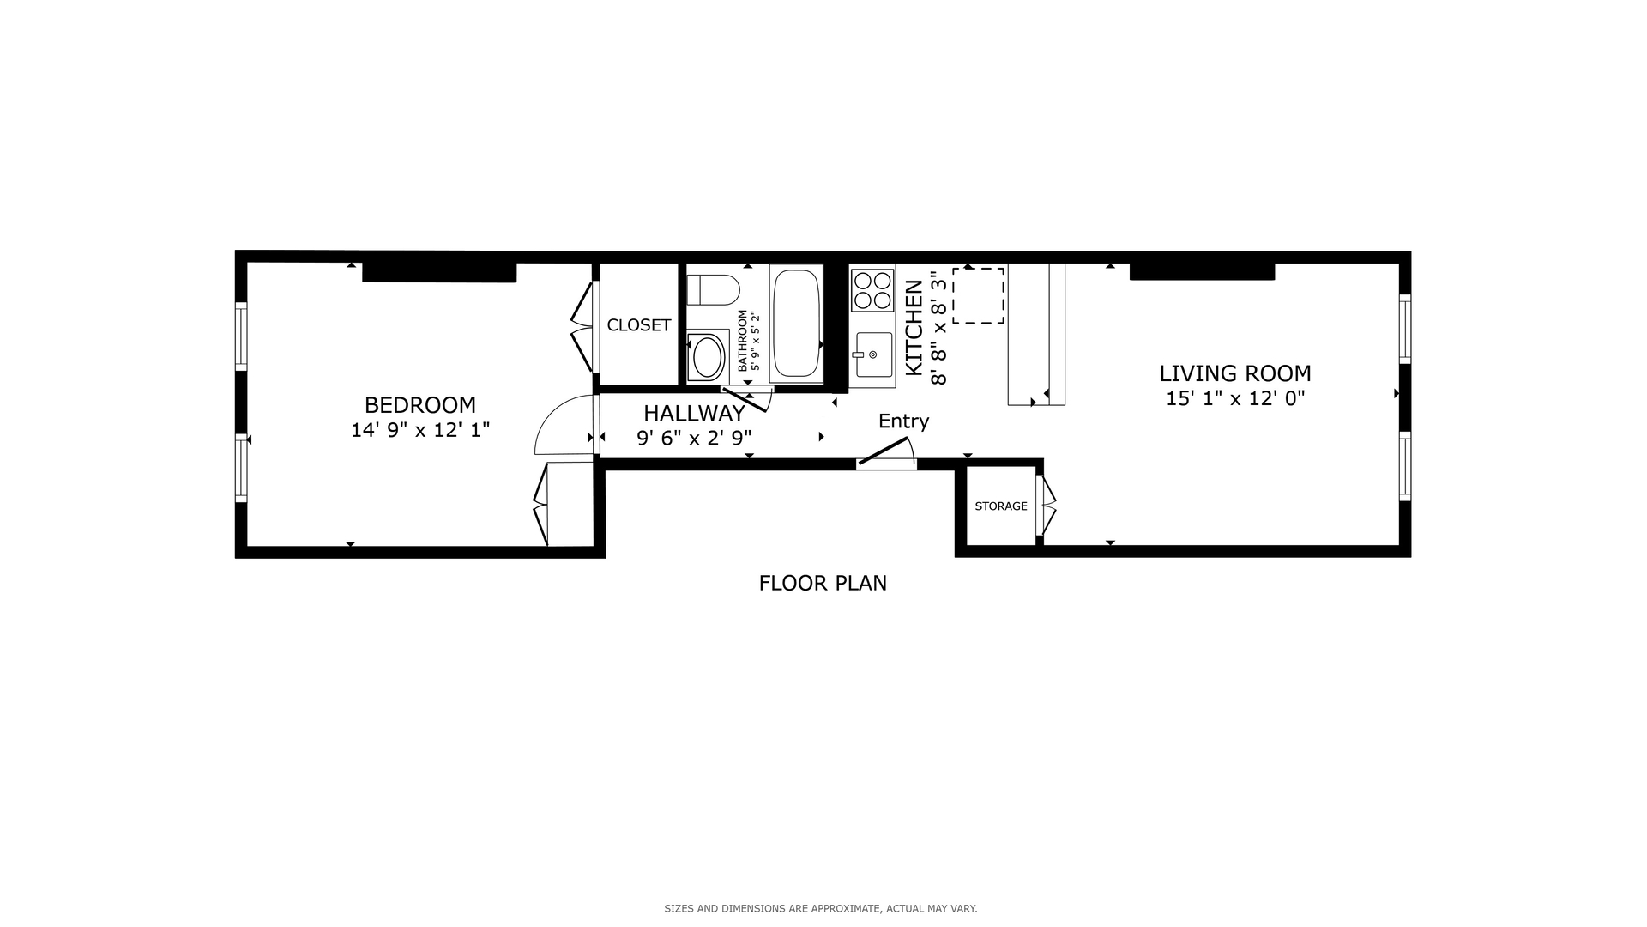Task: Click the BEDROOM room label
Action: (420, 404)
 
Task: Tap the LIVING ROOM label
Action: (1235, 373)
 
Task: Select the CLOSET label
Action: (639, 325)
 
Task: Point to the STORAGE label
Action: (1001, 506)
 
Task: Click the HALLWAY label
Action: (694, 414)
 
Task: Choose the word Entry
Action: (903, 421)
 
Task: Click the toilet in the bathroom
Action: (714, 290)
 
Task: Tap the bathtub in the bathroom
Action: (797, 324)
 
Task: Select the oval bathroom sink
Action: (708, 356)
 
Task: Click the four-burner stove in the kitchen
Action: (872, 290)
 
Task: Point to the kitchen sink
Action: (872, 354)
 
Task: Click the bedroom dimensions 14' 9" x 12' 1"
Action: (420, 430)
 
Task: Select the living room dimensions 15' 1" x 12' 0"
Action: (1235, 398)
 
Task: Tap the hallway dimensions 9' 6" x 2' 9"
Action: (694, 439)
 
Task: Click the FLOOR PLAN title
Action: (823, 583)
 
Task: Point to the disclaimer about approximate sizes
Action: (821, 908)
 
